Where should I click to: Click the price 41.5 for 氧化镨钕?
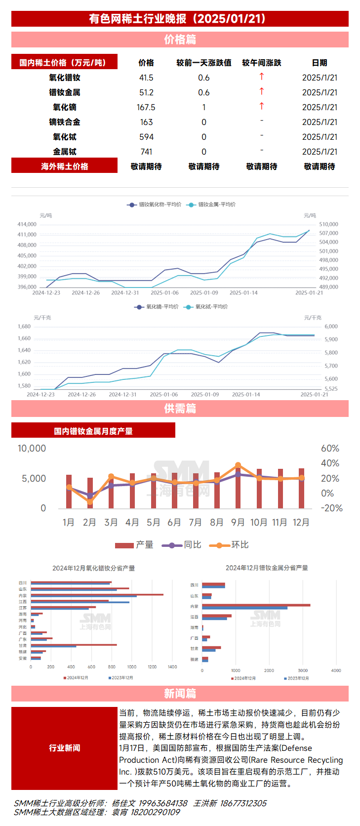(x=146, y=78)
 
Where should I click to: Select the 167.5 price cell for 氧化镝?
(x=146, y=107)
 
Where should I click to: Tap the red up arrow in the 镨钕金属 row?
(x=262, y=91)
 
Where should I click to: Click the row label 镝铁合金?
(x=65, y=122)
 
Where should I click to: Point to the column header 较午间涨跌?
(x=262, y=63)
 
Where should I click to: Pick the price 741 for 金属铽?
(x=146, y=152)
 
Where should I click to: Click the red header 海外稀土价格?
(x=65, y=166)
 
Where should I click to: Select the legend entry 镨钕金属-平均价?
(x=216, y=205)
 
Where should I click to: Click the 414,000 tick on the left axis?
(x=27, y=224)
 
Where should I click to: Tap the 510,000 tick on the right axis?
(x=328, y=224)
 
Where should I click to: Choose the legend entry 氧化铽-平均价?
(x=211, y=307)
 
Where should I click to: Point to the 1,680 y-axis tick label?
(x=24, y=327)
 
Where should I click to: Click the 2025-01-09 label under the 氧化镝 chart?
(x=205, y=395)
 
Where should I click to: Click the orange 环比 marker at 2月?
(x=90, y=501)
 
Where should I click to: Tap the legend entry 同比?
(x=192, y=545)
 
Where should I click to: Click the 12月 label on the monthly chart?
(x=301, y=523)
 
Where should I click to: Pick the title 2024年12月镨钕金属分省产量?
(x=267, y=568)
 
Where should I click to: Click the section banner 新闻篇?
(x=180, y=694)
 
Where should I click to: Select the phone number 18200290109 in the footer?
(x=155, y=812)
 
